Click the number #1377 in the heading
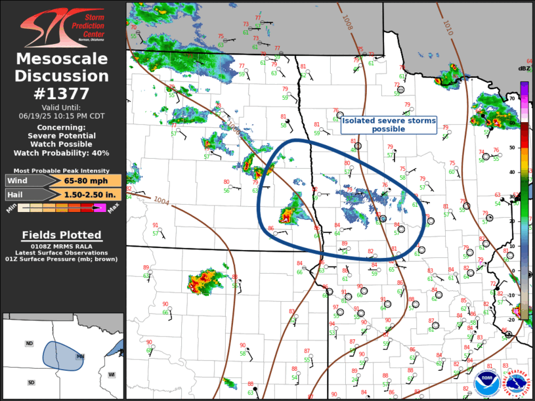[x=62, y=93]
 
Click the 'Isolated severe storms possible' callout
[x=388, y=125]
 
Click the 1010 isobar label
[x=448, y=28]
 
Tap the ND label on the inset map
[x=29, y=343]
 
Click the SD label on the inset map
[x=31, y=382]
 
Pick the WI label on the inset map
[x=112, y=374]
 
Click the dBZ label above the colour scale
[x=523, y=69]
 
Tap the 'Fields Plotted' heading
[x=62, y=235]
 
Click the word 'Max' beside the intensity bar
[x=113, y=210]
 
